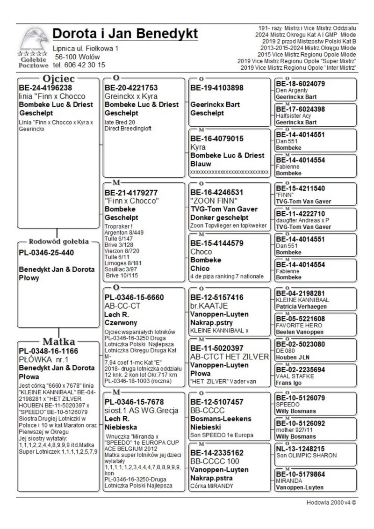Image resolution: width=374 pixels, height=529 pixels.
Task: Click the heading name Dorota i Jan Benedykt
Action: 125,34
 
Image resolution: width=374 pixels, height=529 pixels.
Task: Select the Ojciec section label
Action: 59,78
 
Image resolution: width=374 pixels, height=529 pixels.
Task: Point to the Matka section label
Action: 59,341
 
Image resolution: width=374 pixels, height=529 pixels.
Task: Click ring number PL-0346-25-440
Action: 46,253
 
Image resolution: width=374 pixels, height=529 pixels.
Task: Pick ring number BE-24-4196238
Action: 45,87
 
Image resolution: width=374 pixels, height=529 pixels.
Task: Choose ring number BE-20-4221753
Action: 131,87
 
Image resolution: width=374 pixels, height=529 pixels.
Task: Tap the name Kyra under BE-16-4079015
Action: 198,147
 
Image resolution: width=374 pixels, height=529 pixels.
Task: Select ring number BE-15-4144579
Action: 217,243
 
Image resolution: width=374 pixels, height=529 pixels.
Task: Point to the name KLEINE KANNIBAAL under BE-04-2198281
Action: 302,300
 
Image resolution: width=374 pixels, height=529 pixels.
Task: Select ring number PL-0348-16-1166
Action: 48,351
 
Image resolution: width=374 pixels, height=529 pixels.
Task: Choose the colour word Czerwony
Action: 121,323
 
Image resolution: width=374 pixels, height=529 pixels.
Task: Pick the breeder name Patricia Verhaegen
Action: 302,306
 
